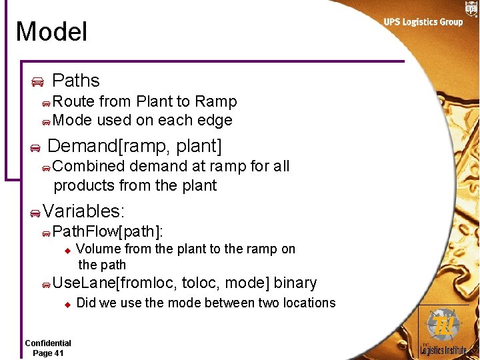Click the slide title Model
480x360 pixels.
(x=51, y=32)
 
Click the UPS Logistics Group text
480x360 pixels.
(x=423, y=22)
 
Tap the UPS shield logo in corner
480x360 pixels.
(x=471, y=8)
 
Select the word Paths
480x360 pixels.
(x=75, y=81)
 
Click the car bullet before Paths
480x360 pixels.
(x=37, y=82)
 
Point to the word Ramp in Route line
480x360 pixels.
(x=215, y=101)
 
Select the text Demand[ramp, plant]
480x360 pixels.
(x=135, y=145)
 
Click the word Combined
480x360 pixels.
(x=89, y=166)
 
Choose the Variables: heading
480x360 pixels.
(x=83, y=211)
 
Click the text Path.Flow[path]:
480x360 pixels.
(x=108, y=231)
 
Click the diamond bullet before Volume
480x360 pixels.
(x=67, y=251)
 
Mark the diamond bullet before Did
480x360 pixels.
(x=67, y=304)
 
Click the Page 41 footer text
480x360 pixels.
(x=48, y=353)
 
